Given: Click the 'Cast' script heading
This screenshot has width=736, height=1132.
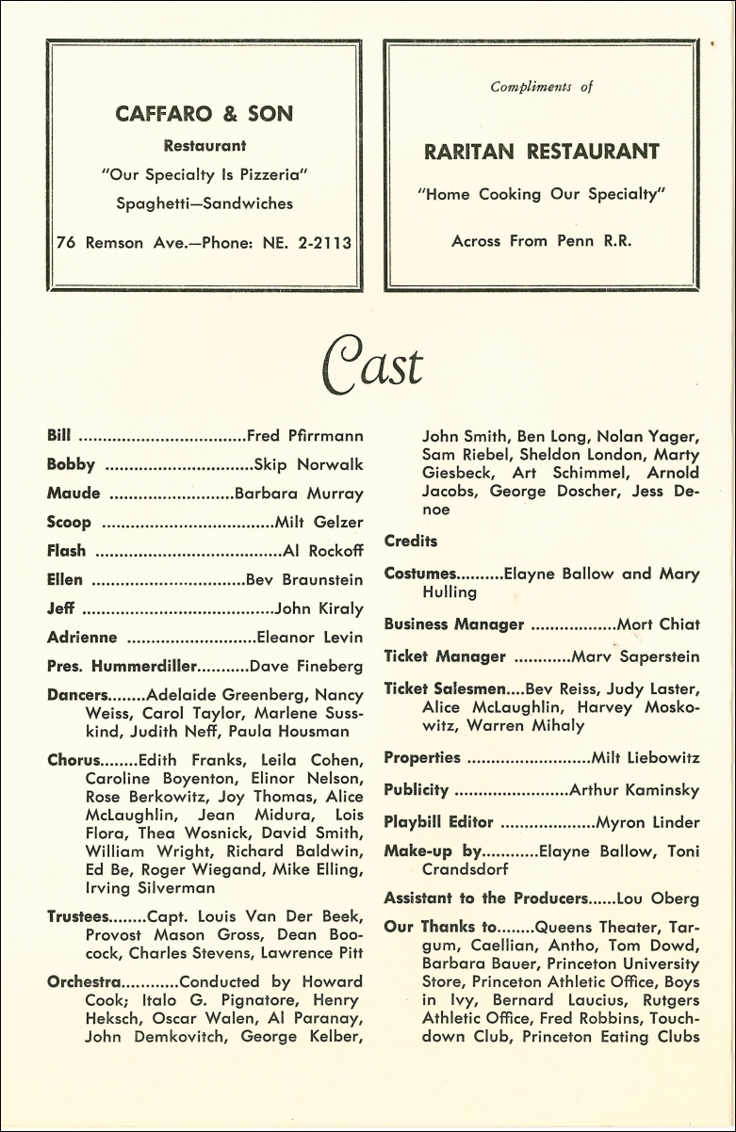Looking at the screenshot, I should click(373, 364).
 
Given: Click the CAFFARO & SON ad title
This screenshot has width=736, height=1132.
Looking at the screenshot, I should click(204, 114).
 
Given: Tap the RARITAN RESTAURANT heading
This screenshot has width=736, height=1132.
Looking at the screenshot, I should click(541, 152).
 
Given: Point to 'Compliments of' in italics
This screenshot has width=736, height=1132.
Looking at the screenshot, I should click(541, 87).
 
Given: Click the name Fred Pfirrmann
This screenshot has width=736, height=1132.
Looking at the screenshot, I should click(304, 436).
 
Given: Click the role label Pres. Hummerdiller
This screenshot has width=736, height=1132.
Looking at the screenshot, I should click(122, 666).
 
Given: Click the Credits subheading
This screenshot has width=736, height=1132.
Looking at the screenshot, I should click(411, 541).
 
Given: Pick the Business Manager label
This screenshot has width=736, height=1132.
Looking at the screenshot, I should click(454, 623).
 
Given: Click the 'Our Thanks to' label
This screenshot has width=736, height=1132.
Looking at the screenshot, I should click(439, 927).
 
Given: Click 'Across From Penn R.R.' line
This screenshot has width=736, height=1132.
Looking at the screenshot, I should click(541, 240).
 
